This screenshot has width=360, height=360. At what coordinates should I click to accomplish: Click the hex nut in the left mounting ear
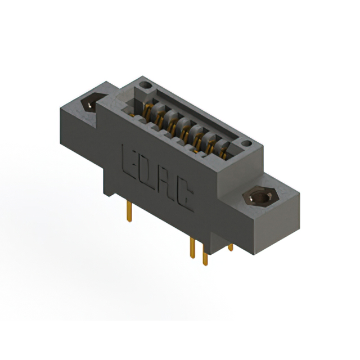pos(90,103)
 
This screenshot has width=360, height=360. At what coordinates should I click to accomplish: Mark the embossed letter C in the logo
pos(186,198)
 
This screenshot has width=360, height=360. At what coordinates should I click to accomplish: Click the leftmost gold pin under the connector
pos(130,212)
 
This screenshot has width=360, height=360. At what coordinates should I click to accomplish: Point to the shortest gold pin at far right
pos(230,247)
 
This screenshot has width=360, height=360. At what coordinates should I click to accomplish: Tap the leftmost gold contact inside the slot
pos(148,111)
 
